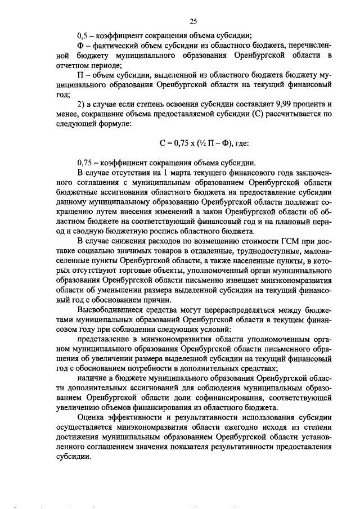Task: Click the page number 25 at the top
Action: (x=192, y=22)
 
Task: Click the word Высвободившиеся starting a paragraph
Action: (x=111, y=310)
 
